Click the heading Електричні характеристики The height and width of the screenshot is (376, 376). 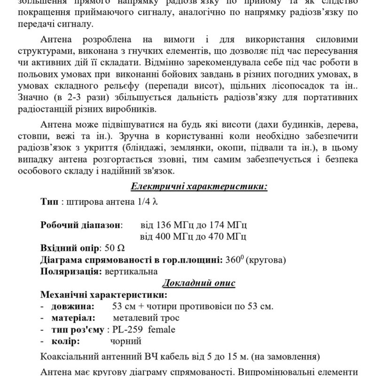[199, 187]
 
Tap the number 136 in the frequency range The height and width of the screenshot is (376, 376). [160, 224]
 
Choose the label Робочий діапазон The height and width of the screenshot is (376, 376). [81, 224]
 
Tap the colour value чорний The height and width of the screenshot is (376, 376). [125, 341]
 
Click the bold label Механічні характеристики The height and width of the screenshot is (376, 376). [103, 295]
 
